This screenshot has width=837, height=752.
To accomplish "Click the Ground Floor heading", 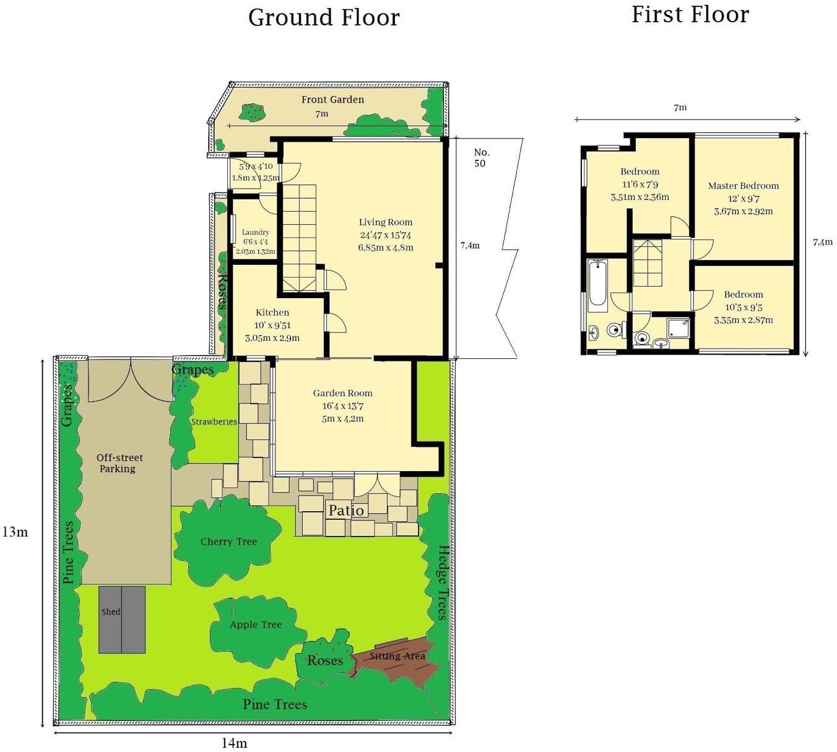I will (324, 17).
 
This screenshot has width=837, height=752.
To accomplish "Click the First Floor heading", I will (690, 15).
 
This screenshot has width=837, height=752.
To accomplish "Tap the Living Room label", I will (385, 222).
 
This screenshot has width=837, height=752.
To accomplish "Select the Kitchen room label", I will (272, 313).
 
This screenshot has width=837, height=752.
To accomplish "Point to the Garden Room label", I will (342, 393).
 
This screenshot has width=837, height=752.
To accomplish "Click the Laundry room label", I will (255, 232).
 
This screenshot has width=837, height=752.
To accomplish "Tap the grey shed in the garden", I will (122, 620).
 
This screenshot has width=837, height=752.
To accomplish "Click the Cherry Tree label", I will (228, 542).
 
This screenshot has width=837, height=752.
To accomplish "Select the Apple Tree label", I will (255, 625).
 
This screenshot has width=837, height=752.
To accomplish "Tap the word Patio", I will (346, 511).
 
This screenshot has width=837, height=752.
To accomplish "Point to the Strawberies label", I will (214, 421).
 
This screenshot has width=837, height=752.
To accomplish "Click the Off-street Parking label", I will (119, 463).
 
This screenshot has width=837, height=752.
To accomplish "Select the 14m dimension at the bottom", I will (234, 743).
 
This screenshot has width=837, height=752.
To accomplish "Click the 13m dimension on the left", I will (15, 532).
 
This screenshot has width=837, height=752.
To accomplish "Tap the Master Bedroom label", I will (743, 186).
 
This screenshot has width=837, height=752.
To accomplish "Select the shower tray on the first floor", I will (678, 327).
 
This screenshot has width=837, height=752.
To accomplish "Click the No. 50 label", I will (480, 158).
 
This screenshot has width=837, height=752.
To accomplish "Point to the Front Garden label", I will (332, 100).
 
